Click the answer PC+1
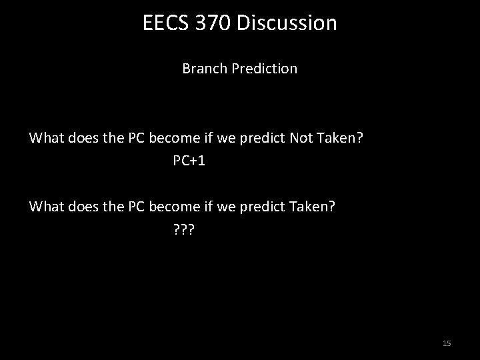pos(189,162)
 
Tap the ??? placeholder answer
pos(183,230)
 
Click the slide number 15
pos(447,343)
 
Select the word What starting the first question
pos(46,138)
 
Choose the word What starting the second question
pos(46,206)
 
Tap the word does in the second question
pos(81,206)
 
